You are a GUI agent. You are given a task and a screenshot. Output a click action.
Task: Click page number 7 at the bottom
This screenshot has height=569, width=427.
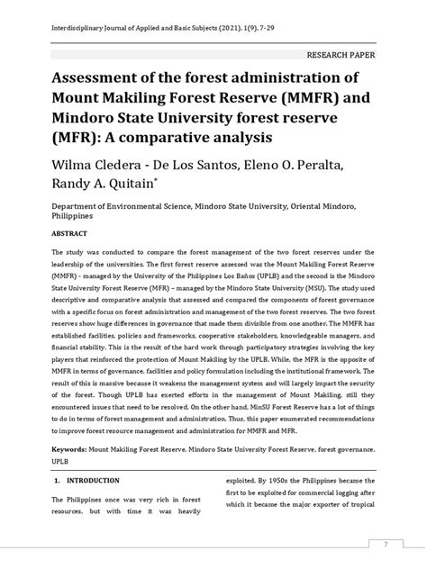(386, 543)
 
